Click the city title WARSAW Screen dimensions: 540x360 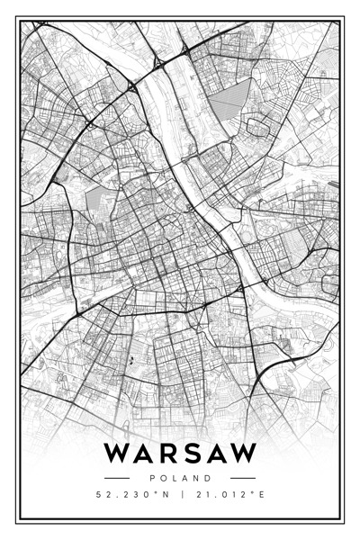click(180, 453)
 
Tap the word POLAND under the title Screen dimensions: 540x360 click(180, 478)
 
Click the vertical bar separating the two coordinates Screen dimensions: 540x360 click(181, 494)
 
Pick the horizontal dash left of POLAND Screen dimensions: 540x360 click(118, 478)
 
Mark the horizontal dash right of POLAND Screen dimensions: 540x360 click(242, 478)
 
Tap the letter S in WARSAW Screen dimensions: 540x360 click(192, 453)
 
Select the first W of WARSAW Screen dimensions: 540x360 click(116, 453)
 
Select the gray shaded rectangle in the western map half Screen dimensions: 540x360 click(96, 200)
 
